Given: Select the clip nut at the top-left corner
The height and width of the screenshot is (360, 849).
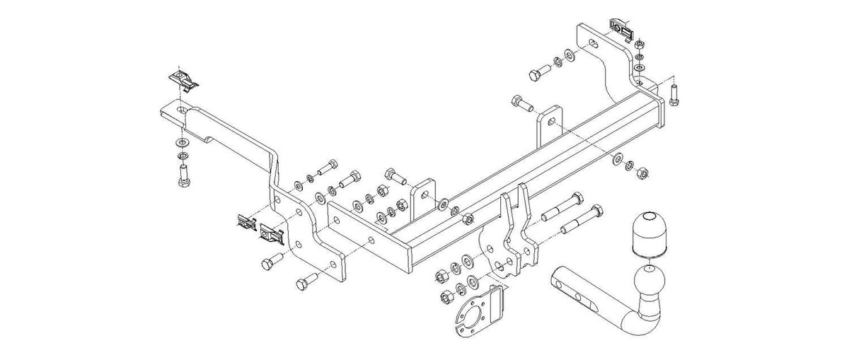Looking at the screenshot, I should (x=182, y=79).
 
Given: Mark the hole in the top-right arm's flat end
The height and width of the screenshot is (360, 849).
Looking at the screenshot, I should (x=594, y=43).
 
